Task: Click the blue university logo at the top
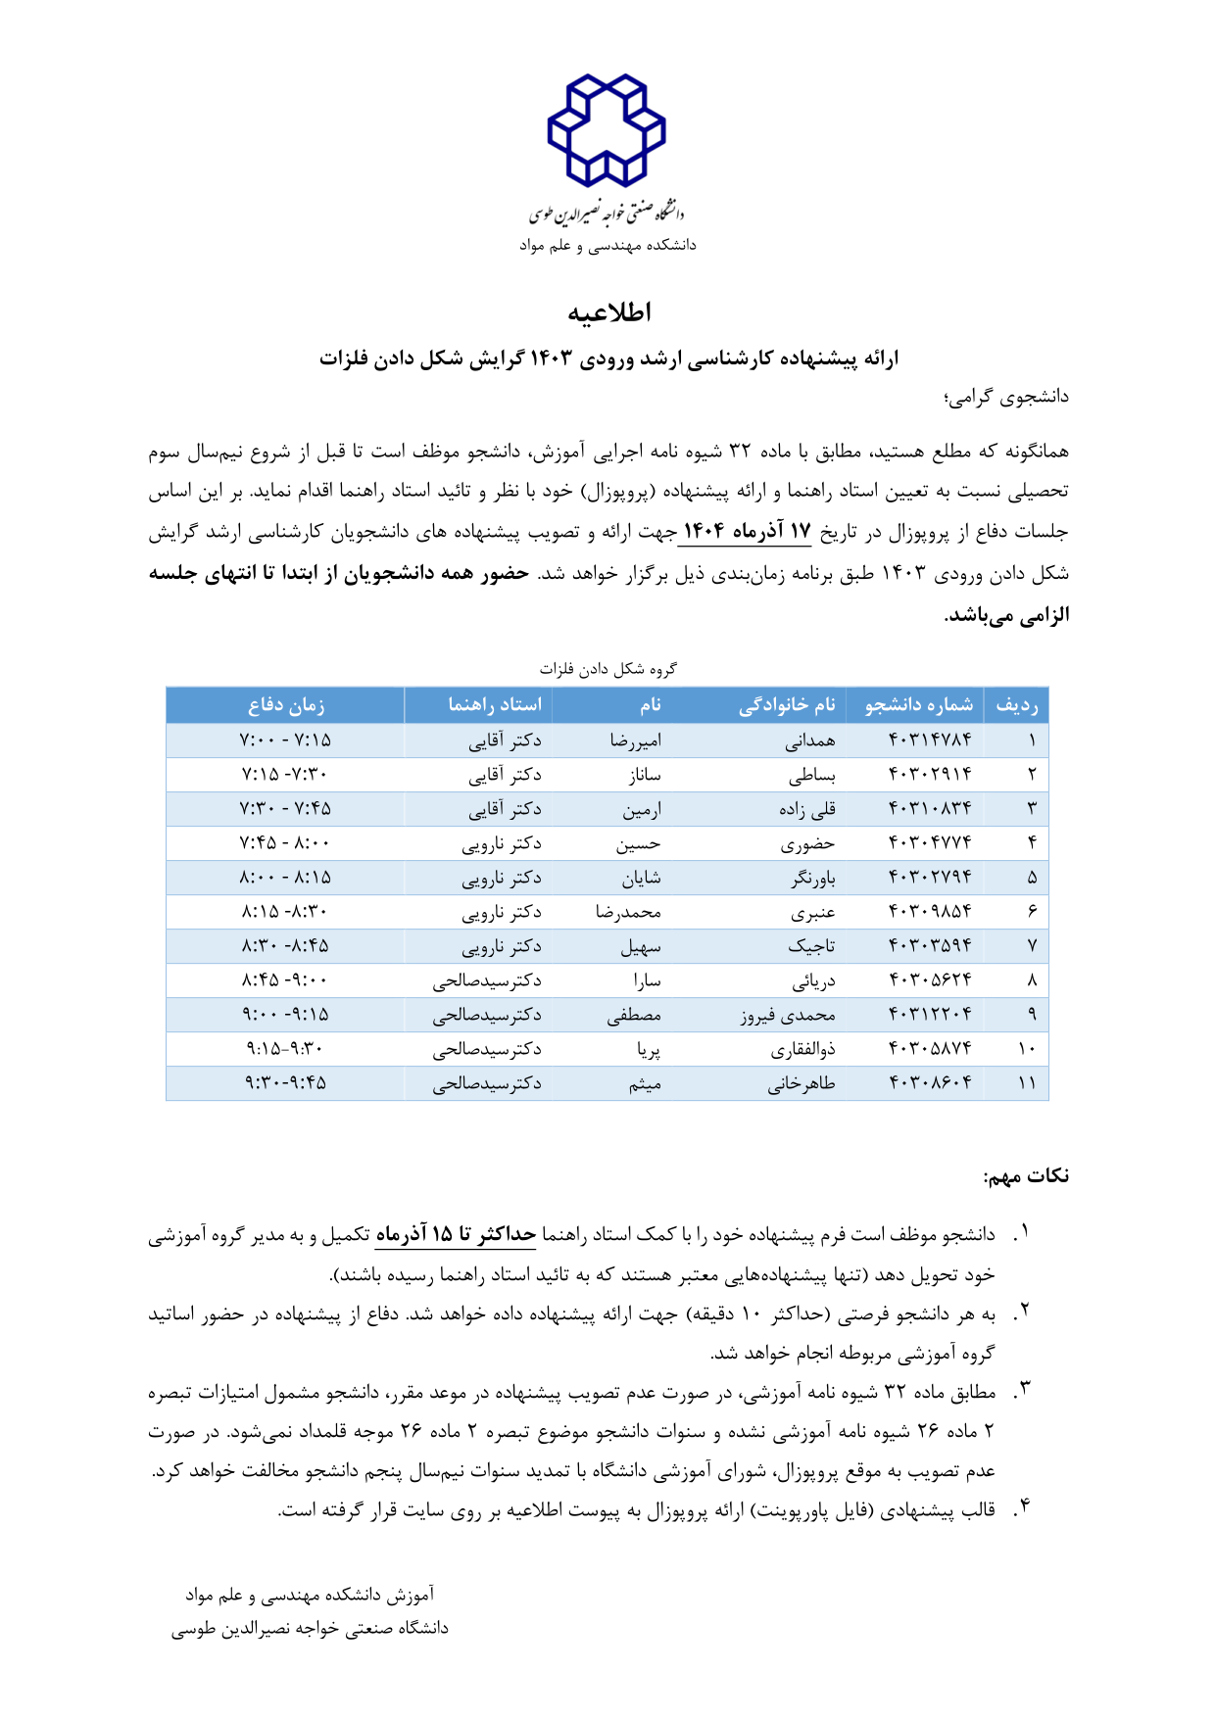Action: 607,129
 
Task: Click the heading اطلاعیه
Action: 608,312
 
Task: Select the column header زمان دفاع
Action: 285,704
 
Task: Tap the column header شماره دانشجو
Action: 918,704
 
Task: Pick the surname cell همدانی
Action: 810,740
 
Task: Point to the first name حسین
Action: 638,843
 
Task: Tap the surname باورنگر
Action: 813,878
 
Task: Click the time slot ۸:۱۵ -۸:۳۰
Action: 285,912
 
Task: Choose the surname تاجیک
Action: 811,946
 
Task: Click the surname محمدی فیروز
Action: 788,1015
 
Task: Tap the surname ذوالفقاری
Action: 802,1049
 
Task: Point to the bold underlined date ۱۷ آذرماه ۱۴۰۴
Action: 746,532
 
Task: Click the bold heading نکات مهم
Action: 1026,1175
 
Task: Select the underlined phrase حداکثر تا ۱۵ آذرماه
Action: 456,1234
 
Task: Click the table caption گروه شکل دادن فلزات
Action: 607,669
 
